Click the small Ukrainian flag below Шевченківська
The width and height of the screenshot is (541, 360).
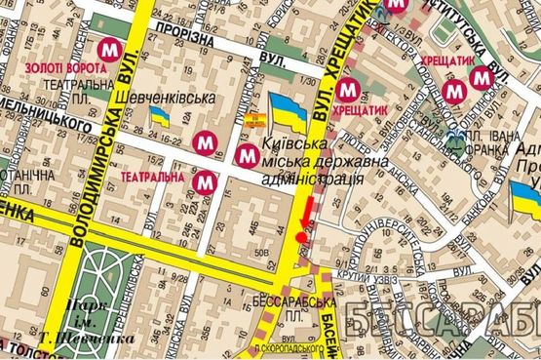(x=160, y=118)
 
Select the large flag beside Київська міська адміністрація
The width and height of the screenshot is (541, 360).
(x=288, y=110)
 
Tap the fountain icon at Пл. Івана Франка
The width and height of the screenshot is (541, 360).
(x=456, y=143)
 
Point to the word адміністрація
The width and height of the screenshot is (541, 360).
(x=312, y=180)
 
